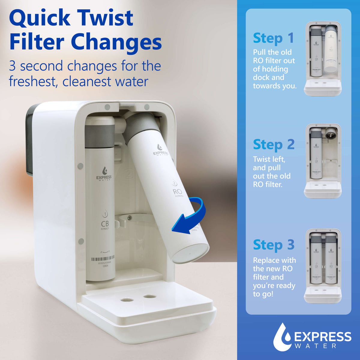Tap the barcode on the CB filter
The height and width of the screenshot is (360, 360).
pos(103,258)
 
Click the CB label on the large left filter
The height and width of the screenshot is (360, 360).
pos(105,224)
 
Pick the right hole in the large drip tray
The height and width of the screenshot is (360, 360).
pos(149,296)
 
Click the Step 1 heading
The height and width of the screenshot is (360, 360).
pos(273,38)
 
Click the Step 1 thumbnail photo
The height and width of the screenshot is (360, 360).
pos(323,58)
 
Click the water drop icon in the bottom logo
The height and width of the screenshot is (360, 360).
pos(282,337)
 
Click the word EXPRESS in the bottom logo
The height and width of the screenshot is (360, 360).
pos(323,337)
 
